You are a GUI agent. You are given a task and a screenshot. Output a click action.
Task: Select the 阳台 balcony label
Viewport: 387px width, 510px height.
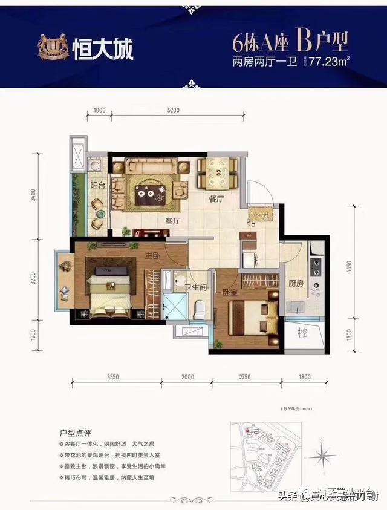click(x=99, y=186)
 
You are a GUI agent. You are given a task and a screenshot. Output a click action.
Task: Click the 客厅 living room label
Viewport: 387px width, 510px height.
click(x=174, y=221)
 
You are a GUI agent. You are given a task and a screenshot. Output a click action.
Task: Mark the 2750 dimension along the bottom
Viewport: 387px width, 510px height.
click(x=244, y=377)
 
